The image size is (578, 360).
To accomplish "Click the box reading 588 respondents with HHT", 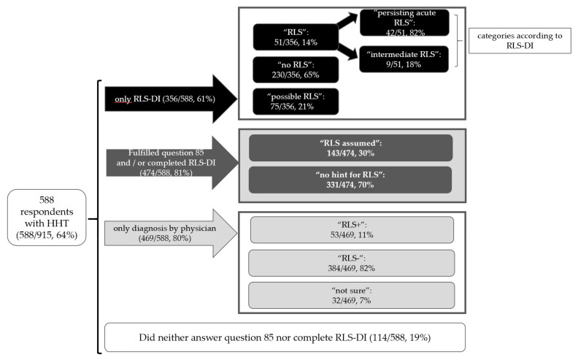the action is [x=47, y=218].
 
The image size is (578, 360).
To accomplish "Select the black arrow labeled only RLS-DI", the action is [x=171, y=99].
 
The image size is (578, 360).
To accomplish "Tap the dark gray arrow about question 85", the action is [x=172, y=163].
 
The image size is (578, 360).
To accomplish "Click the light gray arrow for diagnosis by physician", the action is [x=171, y=233].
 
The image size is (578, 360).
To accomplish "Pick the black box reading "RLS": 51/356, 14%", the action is [x=296, y=37].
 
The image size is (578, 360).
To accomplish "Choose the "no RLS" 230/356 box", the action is [x=296, y=69].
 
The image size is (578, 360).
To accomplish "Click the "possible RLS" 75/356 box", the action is [x=296, y=102].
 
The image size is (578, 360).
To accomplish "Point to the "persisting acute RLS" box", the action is [x=404, y=23].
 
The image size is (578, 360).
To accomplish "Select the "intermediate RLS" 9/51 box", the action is [x=404, y=59].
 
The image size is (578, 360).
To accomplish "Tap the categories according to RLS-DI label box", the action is [x=520, y=41].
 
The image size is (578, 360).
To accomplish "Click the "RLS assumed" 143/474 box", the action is [x=350, y=148].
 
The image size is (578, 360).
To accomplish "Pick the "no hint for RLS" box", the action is [x=350, y=180].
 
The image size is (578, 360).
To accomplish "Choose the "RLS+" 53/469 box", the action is [x=352, y=230].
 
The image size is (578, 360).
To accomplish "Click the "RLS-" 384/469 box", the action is [x=351, y=263].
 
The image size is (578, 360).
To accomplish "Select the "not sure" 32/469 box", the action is [x=351, y=296].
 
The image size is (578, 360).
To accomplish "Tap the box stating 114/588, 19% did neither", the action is [x=285, y=337].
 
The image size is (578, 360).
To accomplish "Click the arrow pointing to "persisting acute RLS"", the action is [x=347, y=20].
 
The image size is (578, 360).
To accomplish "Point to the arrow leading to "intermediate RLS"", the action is [x=347, y=51].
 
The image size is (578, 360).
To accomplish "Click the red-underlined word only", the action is [x=123, y=99].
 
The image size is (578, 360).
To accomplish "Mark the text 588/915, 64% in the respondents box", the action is [x=47, y=235].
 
